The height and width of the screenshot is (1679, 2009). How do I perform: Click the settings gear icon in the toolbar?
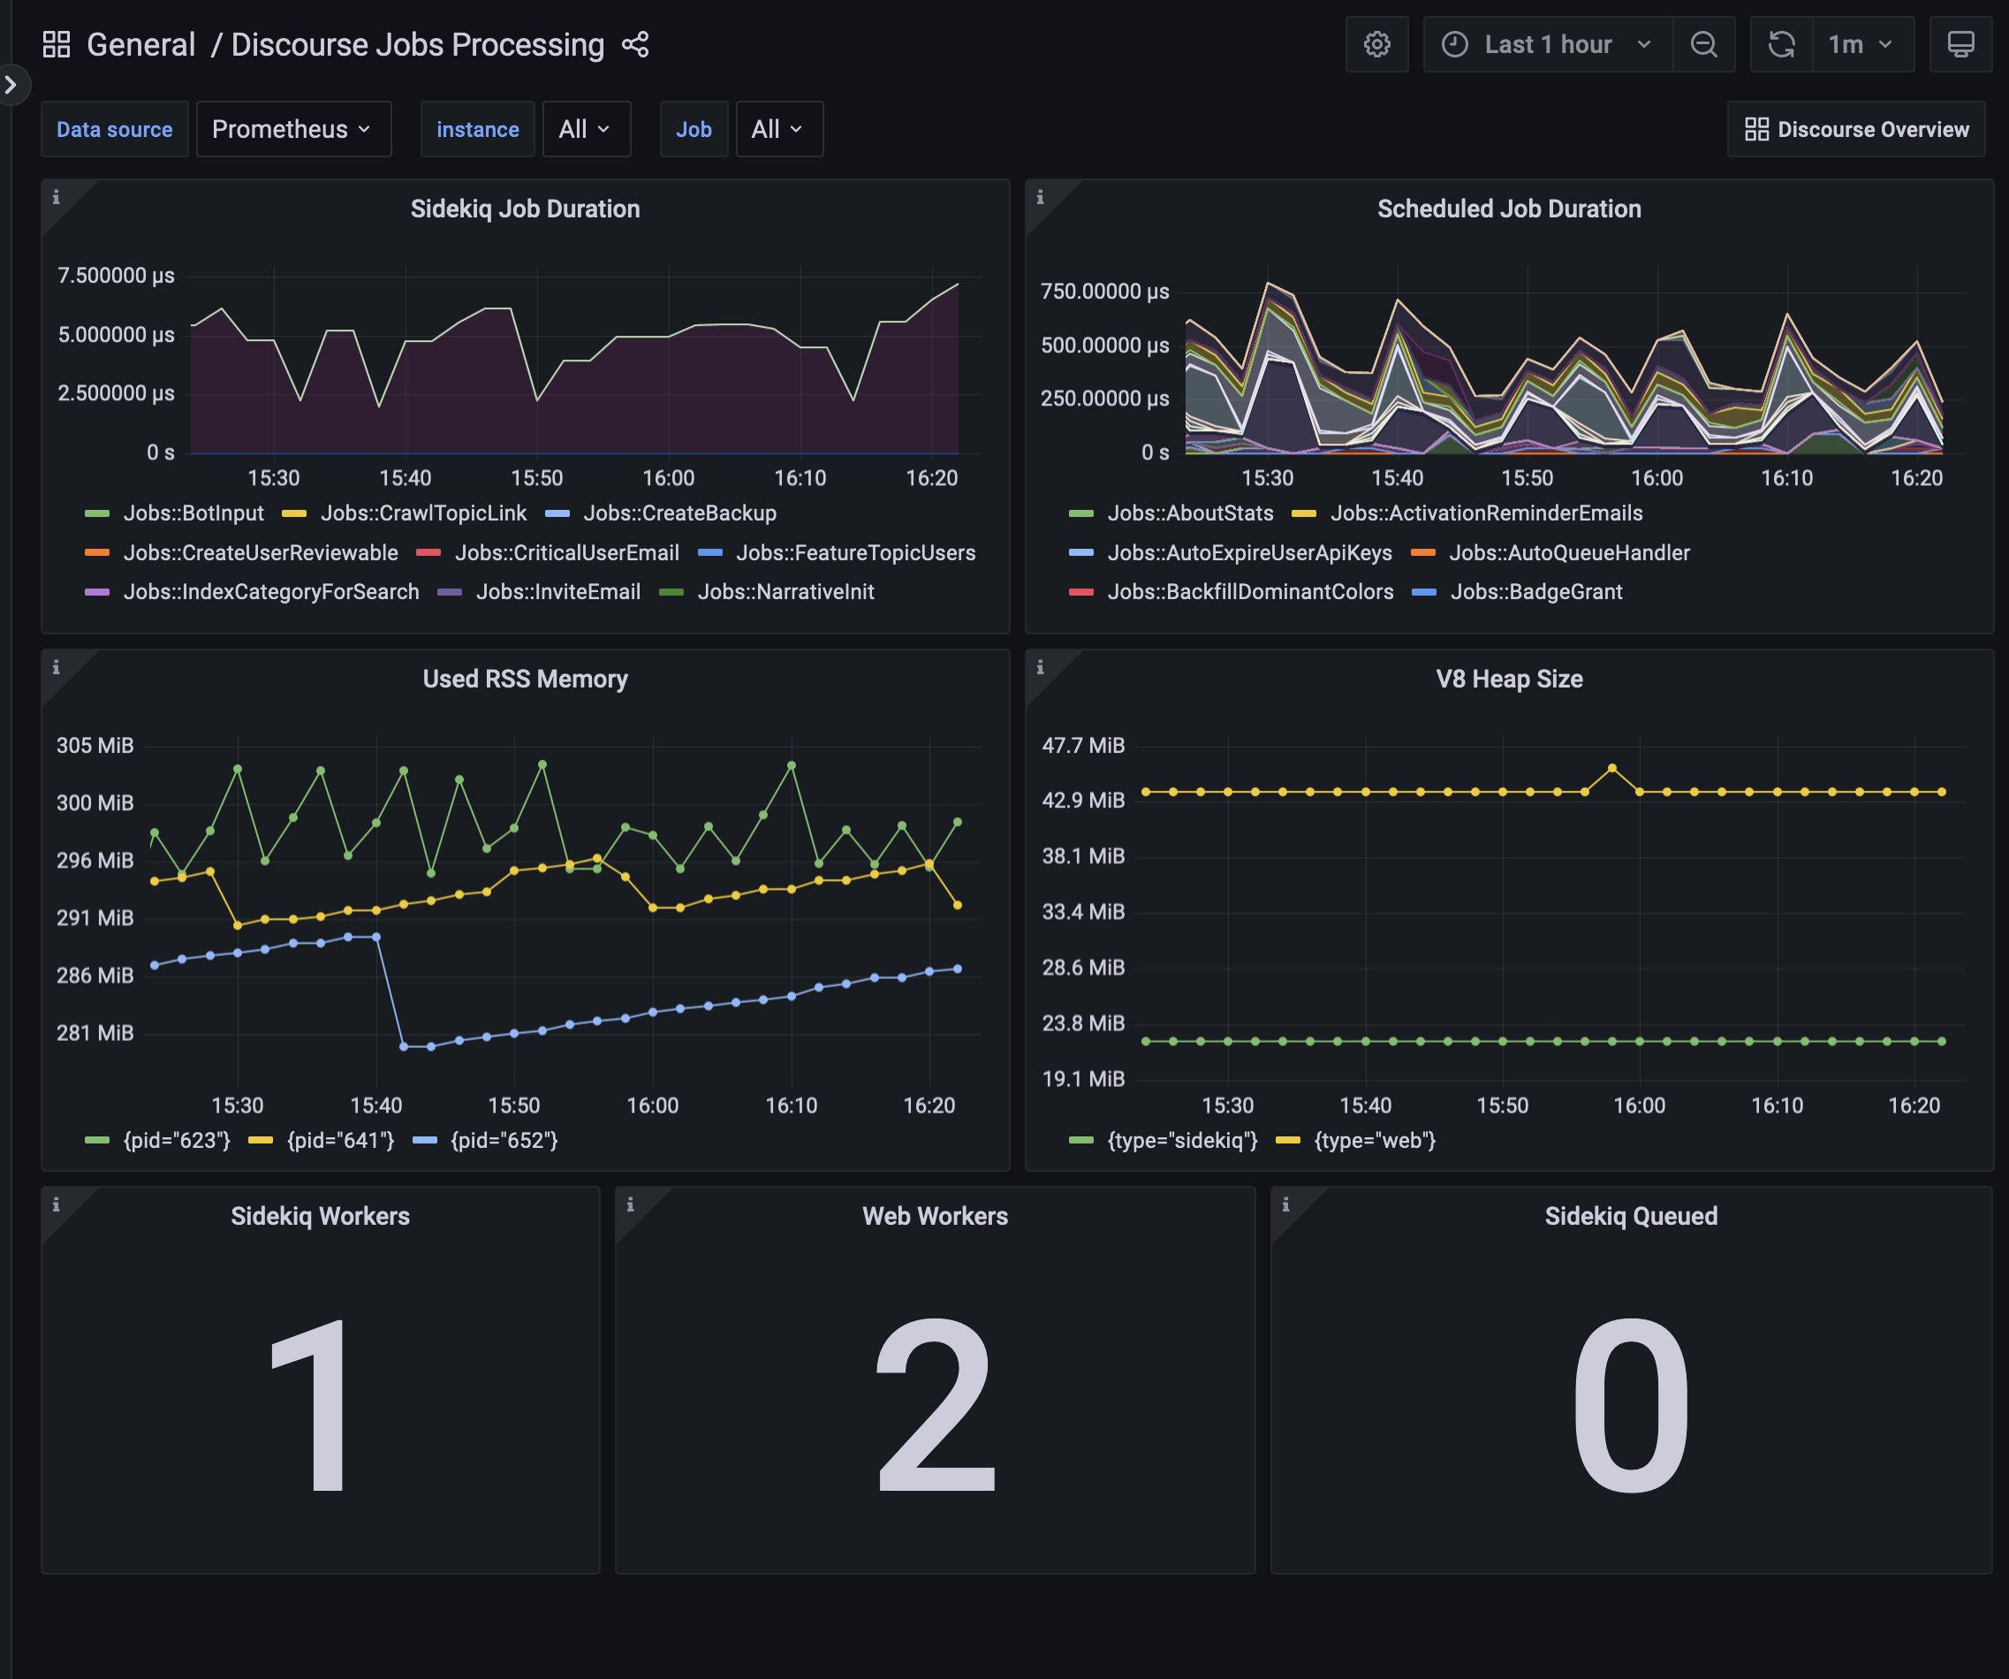[x=1376, y=44]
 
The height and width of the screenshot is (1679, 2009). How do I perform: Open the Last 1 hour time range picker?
[x=1547, y=44]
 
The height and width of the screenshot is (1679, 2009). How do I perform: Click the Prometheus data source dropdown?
[x=292, y=129]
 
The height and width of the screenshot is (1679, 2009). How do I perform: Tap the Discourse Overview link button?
[x=1855, y=129]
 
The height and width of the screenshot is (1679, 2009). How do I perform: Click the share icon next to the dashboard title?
[x=635, y=44]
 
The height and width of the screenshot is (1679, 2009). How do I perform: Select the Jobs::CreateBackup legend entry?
[x=679, y=513]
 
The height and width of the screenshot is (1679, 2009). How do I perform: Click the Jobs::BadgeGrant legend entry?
[x=1535, y=592]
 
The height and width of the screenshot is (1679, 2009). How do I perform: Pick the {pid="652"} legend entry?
[x=504, y=1140]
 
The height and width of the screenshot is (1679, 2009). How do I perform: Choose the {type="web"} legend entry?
[x=1374, y=1140]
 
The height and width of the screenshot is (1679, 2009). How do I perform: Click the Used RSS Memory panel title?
[x=525, y=680]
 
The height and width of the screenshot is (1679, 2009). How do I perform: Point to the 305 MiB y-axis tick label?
[x=95, y=745]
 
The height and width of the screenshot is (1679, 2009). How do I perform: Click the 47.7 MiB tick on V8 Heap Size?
[x=1083, y=745]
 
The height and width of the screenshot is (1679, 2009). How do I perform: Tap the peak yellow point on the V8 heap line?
[x=1612, y=768]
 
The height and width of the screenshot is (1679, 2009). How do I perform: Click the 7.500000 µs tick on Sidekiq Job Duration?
[x=116, y=276]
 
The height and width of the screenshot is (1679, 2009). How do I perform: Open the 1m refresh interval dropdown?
[x=1861, y=44]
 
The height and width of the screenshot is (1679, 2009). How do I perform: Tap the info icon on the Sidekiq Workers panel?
[x=56, y=1204]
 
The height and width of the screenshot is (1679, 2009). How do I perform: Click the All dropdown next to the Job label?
[x=777, y=129]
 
